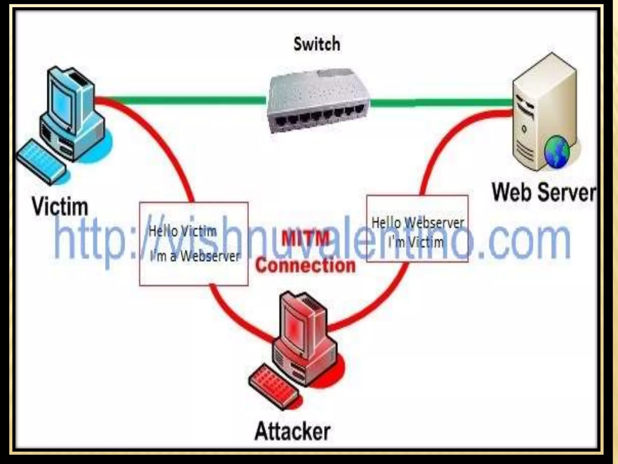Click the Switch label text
(x=317, y=44)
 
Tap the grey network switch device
(x=318, y=101)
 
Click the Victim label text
(x=60, y=207)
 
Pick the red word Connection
(x=305, y=266)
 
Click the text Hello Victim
(x=183, y=231)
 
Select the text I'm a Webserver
(x=195, y=256)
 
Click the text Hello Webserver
(x=417, y=223)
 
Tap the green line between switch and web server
(x=441, y=103)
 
